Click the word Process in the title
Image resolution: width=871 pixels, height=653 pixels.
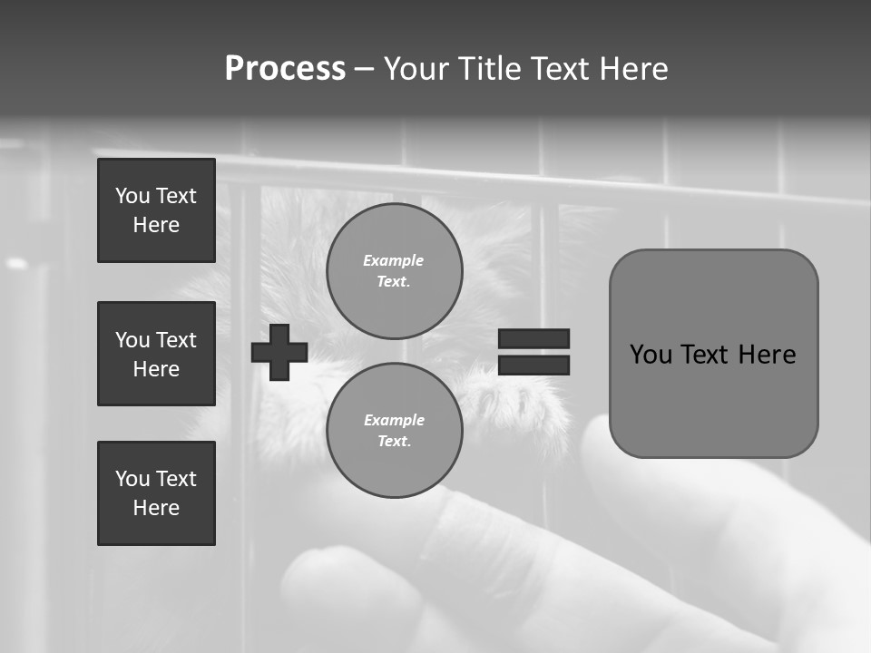point(285,69)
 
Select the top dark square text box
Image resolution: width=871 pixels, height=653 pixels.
point(156,210)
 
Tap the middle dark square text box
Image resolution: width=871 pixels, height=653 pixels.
point(156,354)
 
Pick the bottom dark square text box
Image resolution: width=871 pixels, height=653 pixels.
point(156,493)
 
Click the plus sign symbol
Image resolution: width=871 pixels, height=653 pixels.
point(279,352)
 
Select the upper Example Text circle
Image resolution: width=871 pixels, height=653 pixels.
point(394,271)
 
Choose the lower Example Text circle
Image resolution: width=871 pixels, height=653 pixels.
point(394,431)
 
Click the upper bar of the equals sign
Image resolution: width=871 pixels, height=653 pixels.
point(534,338)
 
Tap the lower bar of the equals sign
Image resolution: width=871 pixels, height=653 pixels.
point(534,365)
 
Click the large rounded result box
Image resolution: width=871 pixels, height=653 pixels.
point(713,399)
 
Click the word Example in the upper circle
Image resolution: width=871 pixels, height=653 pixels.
point(394,261)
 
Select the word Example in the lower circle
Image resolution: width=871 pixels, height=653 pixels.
point(394,421)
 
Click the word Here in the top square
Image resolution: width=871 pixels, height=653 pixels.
point(156,225)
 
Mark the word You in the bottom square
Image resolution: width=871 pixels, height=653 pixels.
point(132,479)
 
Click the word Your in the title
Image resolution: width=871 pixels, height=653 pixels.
point(415,69)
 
